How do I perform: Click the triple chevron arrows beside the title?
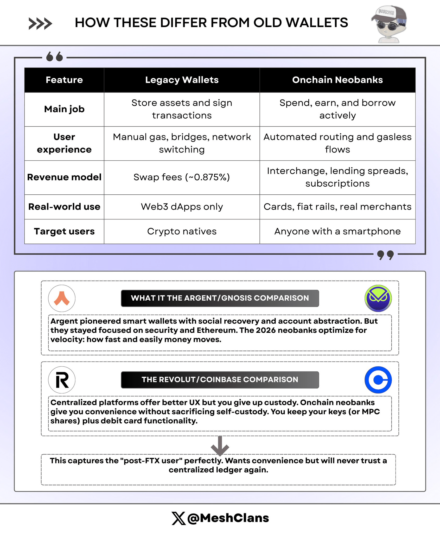click(x=40, y=24)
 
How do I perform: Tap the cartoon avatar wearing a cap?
click(x=389, y=24)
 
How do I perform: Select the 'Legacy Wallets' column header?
click(x=182, y=80)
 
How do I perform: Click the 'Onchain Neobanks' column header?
click(x=337, y=80)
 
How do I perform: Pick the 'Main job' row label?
click(x=64, y=109)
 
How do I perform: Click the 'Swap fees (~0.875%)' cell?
click(x=182, y=177)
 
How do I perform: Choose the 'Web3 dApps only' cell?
click(x=182, y=207)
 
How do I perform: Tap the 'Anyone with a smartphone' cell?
click(x=337, y=231)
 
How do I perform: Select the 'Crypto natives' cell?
click(x=182, y=231)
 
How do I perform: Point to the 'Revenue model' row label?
click(x=64, y=177)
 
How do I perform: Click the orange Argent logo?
click(x=62, y=298)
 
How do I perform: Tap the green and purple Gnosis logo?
click(x=378, y=298)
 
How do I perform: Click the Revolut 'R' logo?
click(x=62, y=380)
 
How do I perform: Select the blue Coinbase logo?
click(x=378, y=380)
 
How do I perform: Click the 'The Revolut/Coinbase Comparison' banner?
click(x=220, y=380)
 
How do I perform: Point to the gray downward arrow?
click(x=220, y=446)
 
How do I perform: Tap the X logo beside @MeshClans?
click(x=178, y=518)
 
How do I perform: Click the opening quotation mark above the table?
click(x=54, y=56)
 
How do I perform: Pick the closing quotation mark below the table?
click(x=385, y=255)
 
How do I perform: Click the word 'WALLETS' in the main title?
click(x=317, y=23)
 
